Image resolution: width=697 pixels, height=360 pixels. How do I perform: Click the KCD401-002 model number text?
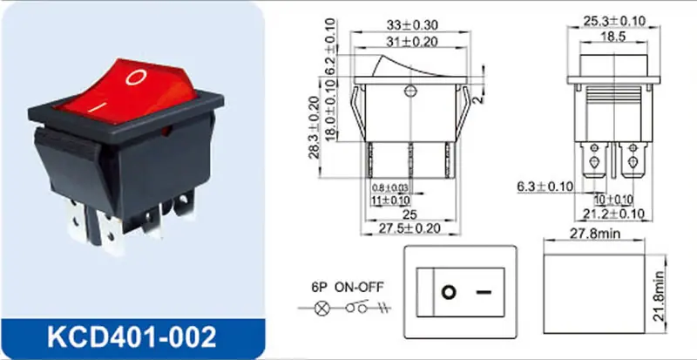(132, 337)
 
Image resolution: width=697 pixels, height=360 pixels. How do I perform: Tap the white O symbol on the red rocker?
(136, 77)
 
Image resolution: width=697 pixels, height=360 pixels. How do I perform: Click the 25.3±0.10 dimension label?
(613, 20)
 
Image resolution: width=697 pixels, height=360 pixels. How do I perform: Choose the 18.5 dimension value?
(613, 37)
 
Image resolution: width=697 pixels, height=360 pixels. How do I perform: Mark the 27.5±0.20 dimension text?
(409, 228)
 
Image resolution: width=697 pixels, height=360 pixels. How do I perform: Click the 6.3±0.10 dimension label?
(545, 187)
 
